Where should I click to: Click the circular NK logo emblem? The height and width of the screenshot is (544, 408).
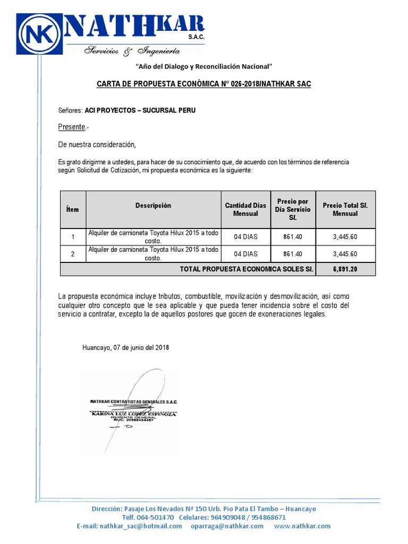click(x=41, y=33)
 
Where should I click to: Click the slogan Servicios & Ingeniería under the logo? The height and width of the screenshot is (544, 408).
click(x=132, y=51)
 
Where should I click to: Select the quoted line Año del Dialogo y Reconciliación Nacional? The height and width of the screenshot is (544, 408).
click(x=205, y=66)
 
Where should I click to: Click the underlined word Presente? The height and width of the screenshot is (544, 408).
click(x=72, y=127)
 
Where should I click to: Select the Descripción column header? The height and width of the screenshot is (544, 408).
click(x=153, y=206)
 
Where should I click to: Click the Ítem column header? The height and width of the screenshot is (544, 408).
click(x=72, y=209)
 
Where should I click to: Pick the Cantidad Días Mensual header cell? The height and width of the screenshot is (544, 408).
click(x=245, y=209)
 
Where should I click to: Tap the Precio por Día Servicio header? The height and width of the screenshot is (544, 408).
click(x=293, y=209)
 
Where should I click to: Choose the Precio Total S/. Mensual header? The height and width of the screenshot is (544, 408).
click(x=345, y=209)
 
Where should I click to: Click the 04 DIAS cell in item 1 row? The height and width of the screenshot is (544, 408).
click(x=245, y=237)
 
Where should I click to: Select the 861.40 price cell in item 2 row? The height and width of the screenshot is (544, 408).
click(x=293, y=254)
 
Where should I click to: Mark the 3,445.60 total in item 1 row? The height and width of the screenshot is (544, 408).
click(x=345, y=237)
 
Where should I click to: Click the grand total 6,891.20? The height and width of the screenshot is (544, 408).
click(x=345, y=269)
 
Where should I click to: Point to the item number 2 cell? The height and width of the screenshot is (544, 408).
click(x=72, y=254)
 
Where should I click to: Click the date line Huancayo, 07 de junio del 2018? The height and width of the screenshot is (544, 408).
click(x=126, y=347)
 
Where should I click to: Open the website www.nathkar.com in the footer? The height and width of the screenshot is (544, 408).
click(x=302, y=526)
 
